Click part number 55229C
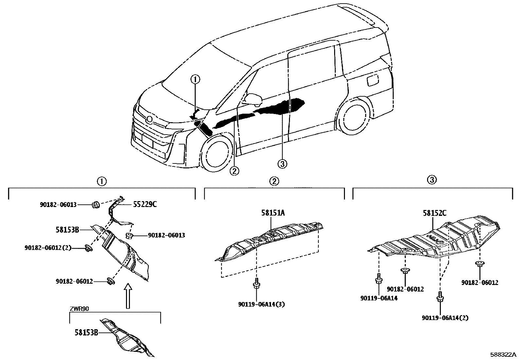coord(145,204)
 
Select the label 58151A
coord(273,213)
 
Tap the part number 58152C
coord(434,213)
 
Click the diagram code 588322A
coord(503,355)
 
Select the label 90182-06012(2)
coord(48,248)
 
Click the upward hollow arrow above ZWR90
coord(128,296)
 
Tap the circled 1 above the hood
coord(195,80)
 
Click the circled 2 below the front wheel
coord(234,171)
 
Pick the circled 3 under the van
coord(282,163)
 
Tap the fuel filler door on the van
coord(373,80)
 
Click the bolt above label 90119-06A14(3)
coord(256,284)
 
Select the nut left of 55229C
coord(96,205)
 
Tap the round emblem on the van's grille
coord(150,119)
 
